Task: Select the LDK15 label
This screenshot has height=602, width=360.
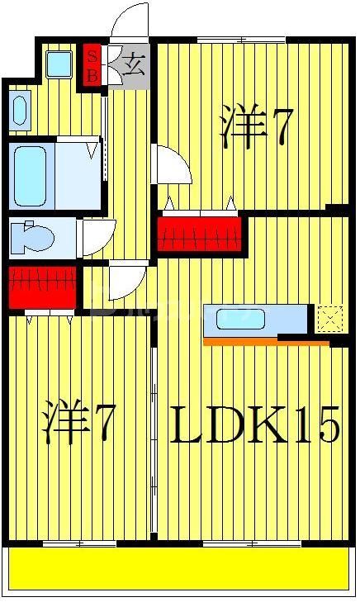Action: (255, 426)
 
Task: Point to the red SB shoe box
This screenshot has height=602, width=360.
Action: (92, 64)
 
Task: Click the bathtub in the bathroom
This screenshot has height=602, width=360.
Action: (31, 176)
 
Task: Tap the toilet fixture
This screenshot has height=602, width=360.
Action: (33, 237)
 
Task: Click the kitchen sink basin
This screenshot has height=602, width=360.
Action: (239, 319)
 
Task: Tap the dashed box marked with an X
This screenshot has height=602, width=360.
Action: (329, 319)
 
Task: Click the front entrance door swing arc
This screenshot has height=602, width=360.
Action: (130, 21)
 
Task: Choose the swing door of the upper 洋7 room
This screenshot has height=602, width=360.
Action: (173, 165)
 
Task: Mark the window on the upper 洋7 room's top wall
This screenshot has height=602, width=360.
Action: (240, 40)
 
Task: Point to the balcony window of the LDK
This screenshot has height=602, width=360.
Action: (240, 543)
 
